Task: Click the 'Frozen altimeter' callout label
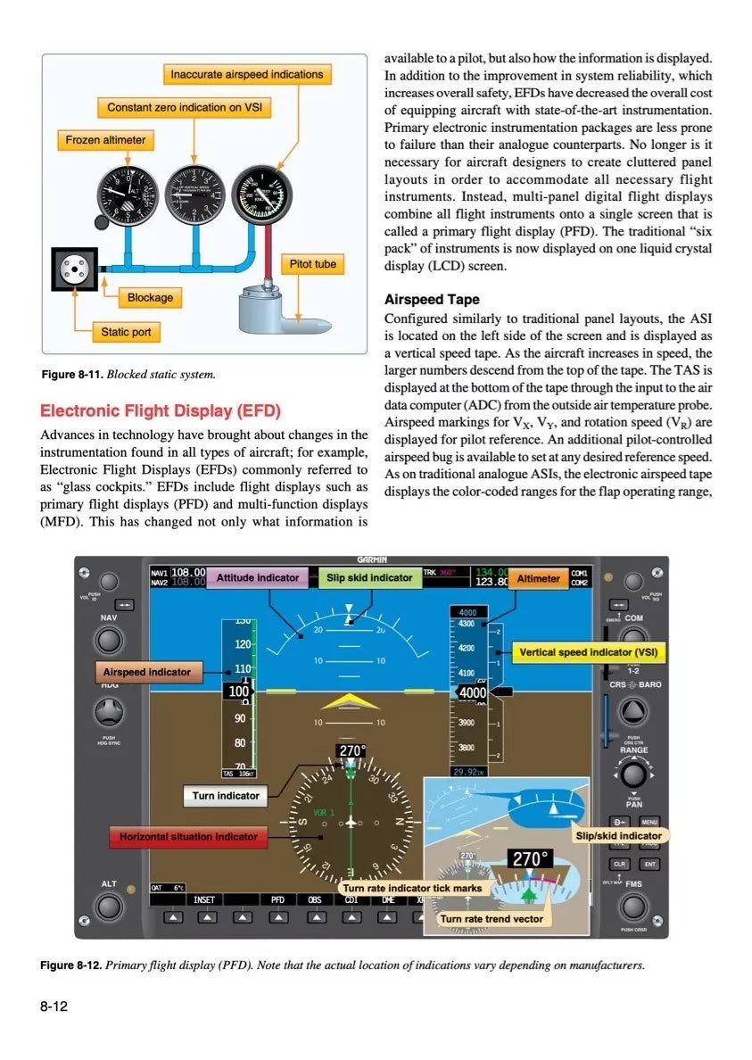pos(105,140)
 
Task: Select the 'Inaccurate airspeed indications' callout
pos(247,74)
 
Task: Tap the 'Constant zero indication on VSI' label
pos(185,107)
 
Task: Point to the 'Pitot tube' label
pos(313,264)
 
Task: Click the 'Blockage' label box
pos(150,297)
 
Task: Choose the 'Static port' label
pos(126,332)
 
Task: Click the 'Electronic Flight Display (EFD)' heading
pos(161,411)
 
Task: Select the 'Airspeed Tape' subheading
pos(431,300)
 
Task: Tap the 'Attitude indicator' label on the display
pos(258,577)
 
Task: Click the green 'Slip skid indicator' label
pos(369,577)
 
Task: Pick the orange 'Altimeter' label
pos(539,578)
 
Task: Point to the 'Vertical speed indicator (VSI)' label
pos(588,652)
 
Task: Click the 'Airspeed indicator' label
pos(146,671)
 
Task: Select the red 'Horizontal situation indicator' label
pos(188,837)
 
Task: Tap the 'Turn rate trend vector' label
pos(492,918)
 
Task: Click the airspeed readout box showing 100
pos(238,691)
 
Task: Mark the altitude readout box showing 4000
pos(472,692)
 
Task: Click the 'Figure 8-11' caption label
pos(72,375)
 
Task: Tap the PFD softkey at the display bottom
pos(277,900)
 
